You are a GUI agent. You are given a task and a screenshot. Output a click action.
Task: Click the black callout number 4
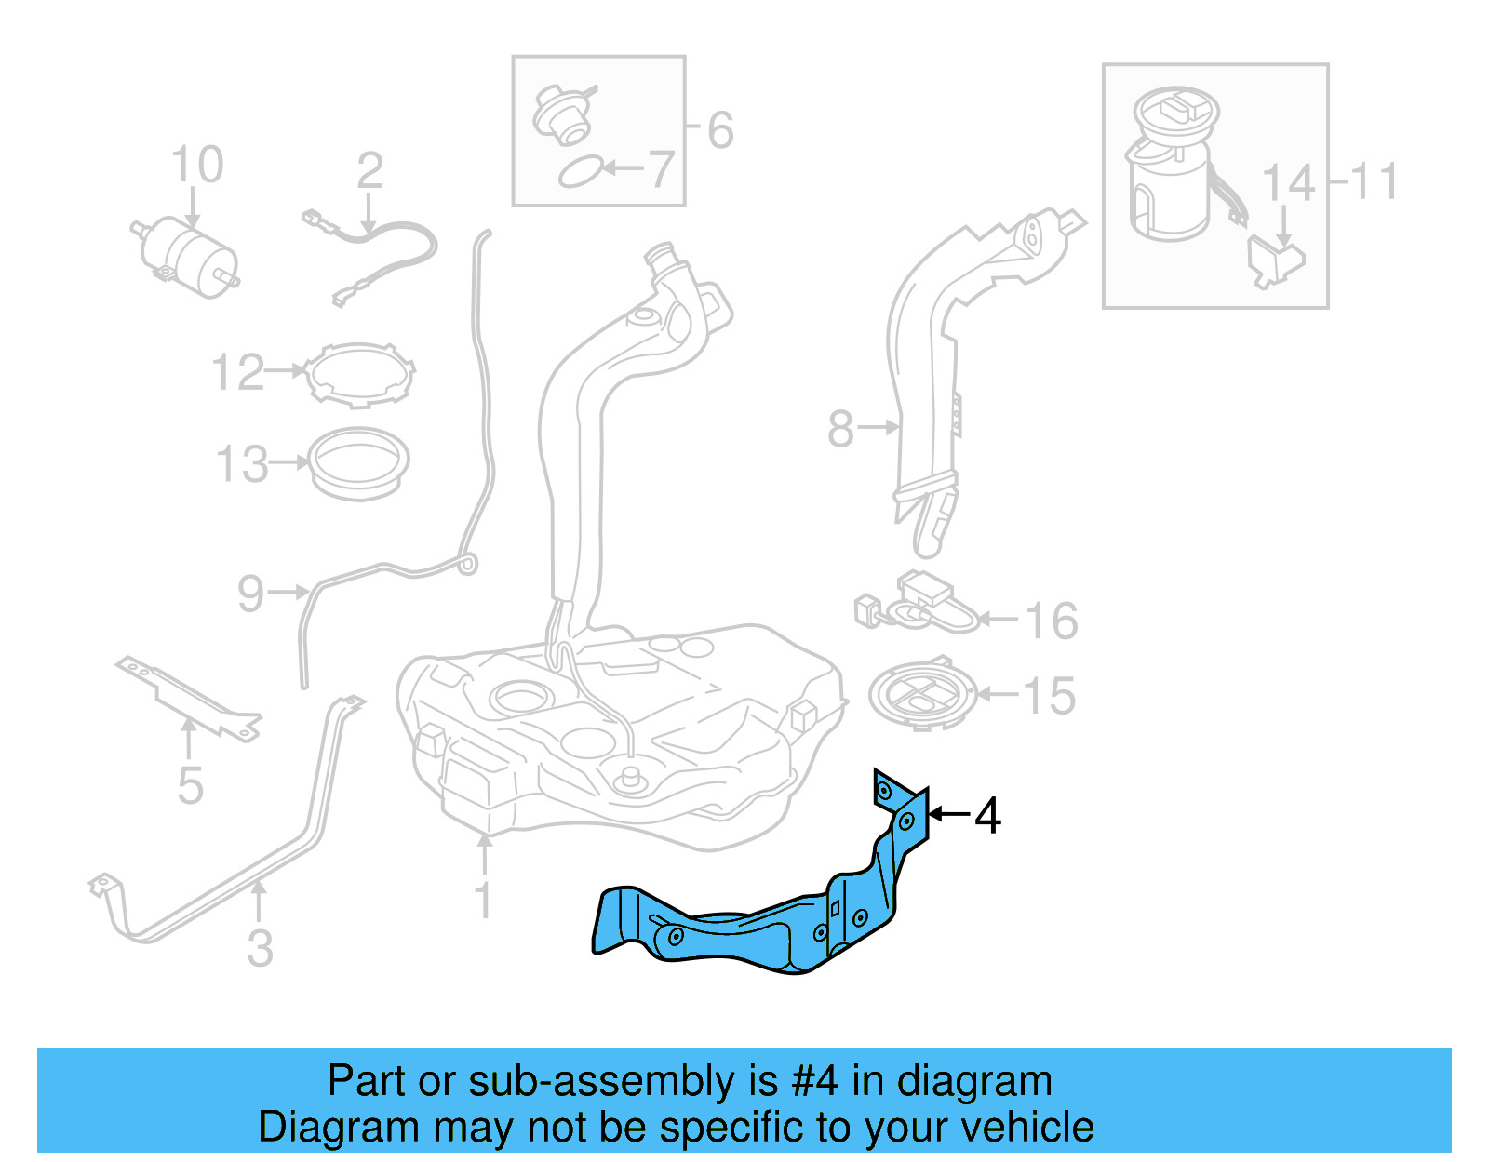(x=987, y=816)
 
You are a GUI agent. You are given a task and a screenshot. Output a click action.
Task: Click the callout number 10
(x=197, y=165)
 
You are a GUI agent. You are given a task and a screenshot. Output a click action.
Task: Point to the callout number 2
(x=369, y=171)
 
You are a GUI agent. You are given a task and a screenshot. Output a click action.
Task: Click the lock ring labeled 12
(x=360, y=374)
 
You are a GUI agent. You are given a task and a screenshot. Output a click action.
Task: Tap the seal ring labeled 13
(x=358, y=461)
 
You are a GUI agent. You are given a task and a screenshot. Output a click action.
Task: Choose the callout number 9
(x=250, y=594)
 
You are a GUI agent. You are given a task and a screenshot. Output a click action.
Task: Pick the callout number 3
(x=261, y=948)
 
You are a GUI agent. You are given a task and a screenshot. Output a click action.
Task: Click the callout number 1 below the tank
(x=483, y=900)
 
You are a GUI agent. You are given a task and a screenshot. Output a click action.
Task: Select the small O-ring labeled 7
(x=579, y=172)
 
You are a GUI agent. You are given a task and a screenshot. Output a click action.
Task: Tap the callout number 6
(x=720, y=130)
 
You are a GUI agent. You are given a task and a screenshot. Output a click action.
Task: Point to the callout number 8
(x=840, y=429)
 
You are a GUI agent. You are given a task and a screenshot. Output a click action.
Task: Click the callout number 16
(x=1052, y=621)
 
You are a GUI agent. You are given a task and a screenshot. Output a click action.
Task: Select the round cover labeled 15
(x=922, y=694)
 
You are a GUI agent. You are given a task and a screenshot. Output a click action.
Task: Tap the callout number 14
(x=1288, y=183)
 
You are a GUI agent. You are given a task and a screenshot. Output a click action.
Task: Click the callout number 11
(x=1375, y=181)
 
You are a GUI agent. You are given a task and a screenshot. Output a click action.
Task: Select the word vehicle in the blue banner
(x=1027, y=1127)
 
